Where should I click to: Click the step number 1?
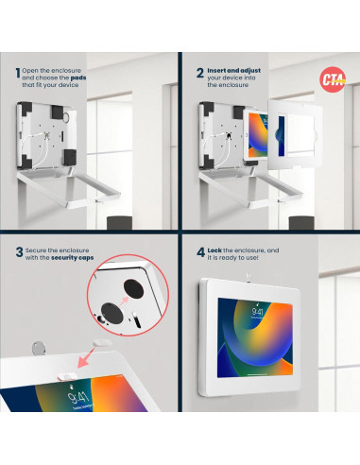[x=18, y=72]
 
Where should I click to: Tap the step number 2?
[x=198, y=72]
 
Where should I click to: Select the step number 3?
[x=18, y=253]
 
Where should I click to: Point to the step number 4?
[x=198, y=253]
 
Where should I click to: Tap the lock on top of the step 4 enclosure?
[x=247, y=277]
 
